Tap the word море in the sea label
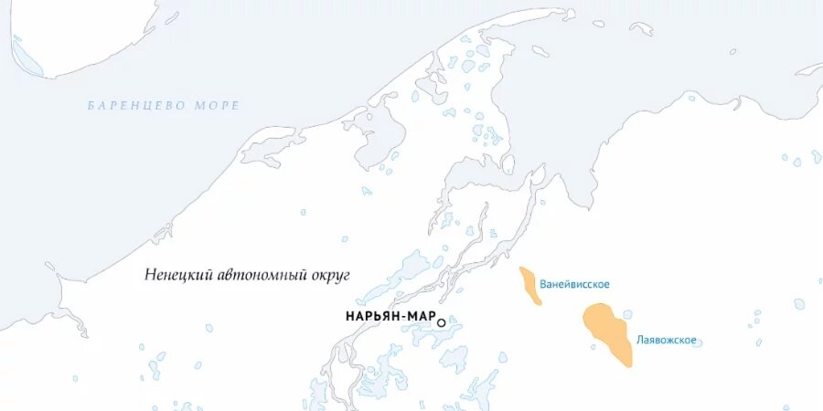[217, 106]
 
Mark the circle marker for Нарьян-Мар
[442, 322]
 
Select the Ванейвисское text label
[574, 284]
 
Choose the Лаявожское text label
[667, 341]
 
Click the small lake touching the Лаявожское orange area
[627, 314]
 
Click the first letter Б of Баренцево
[91, 106]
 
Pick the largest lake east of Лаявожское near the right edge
[799, 303]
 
